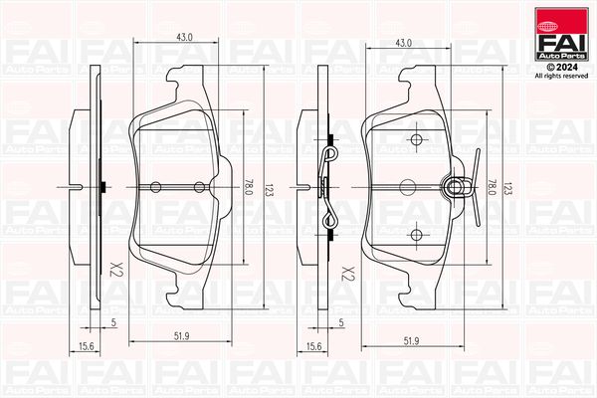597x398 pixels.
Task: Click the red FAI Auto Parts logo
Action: (561, 34)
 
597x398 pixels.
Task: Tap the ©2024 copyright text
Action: (561, 68)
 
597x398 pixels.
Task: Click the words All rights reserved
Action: (561, 77)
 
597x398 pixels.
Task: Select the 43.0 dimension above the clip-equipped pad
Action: (403, 43)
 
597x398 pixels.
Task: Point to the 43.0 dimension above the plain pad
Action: (184, 37)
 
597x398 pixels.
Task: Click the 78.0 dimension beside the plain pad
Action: (248, 187)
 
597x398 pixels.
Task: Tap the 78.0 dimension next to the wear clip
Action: (492, 188)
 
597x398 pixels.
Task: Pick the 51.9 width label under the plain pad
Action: (182, 336)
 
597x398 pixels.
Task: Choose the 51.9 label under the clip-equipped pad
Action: (411, 341)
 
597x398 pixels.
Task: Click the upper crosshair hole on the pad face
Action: (417, 139)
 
